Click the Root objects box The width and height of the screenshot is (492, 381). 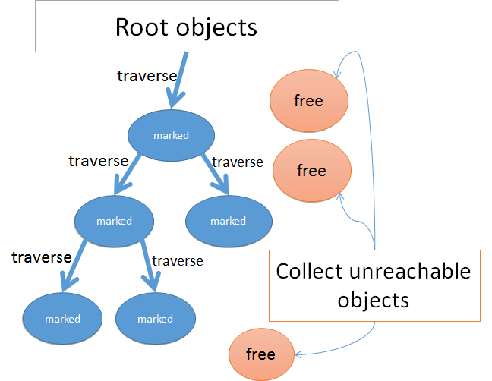click(x=187, y=26)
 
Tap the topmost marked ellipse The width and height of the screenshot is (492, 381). click(x=171, y=135)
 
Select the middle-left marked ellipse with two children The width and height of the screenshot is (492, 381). click(x=114, y=221)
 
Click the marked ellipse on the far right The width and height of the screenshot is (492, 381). click(x=229, y=221)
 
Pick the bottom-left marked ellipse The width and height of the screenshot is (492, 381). click(x=62, y=319)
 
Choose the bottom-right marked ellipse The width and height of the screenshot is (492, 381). click(x=156, y=319)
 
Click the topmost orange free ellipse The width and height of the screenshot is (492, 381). click(x=309, y=101)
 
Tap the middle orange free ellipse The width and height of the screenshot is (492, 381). click(x=312, y=171)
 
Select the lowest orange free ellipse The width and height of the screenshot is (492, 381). click(x=261, y=354)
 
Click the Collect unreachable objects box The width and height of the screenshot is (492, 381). click(x=374, y=285)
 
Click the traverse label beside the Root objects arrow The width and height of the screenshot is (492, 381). click(x=147, y=76)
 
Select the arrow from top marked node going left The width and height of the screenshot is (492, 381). click(x=127, y=174)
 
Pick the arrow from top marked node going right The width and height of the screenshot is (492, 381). click(x=216, y=173)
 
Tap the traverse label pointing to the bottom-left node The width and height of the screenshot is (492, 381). click(x=42, y=257)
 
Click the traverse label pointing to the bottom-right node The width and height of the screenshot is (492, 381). click(x=178, y=261)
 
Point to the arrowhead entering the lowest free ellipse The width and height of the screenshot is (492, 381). click(x=298, y=355)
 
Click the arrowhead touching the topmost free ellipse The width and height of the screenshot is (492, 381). click(x=338, y=74)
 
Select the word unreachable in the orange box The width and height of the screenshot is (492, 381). click(x=410, y=271)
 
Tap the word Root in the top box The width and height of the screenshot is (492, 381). click(x=143, y=27)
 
